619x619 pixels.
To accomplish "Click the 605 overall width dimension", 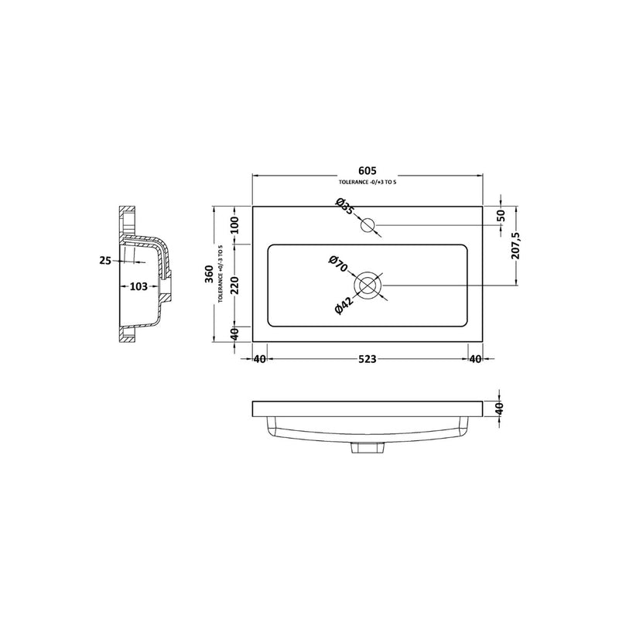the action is [368, 170].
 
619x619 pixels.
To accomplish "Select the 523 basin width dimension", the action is [367, 359].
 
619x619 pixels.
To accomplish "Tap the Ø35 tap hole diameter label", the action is [344, 207].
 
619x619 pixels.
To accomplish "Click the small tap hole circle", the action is [368, 225].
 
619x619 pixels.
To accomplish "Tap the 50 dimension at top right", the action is [501, 216].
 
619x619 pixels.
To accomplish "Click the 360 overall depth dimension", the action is [209, 274].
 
